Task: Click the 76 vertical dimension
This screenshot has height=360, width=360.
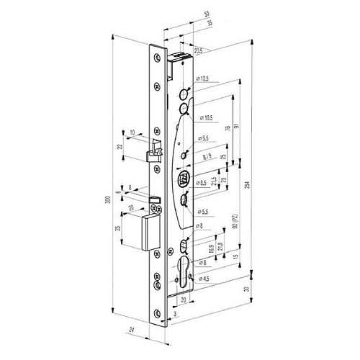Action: [228, 129]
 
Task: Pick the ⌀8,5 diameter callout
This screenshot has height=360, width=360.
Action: [205, 183]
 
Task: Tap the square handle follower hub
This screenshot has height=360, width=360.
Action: [184, 180]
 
